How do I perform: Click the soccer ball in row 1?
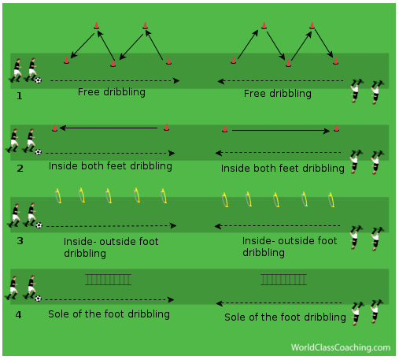(39, 80)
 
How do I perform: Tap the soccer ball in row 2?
(39, 152)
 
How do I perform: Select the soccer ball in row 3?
(39, 225)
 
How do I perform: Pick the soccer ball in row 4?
(39, 299)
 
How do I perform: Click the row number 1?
(20, 96)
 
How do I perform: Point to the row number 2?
(20, 169)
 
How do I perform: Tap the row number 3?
(20, 241)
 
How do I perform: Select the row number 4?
(18, 314)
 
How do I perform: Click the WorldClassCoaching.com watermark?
(341, 347)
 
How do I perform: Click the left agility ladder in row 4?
(108, 280)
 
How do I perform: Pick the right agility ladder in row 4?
(283, 280)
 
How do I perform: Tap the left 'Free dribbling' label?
(112, 92)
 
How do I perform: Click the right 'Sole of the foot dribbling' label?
(285, 317)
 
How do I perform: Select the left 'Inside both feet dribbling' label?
(110, 166)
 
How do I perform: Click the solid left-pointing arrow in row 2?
(109, 128)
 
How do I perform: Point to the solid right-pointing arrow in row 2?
(281, 131)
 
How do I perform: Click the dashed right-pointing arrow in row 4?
(109, 299)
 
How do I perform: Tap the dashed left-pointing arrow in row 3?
(277, 226)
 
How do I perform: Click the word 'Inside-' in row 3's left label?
(78, 242)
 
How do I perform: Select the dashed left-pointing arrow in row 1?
(280, 81)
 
